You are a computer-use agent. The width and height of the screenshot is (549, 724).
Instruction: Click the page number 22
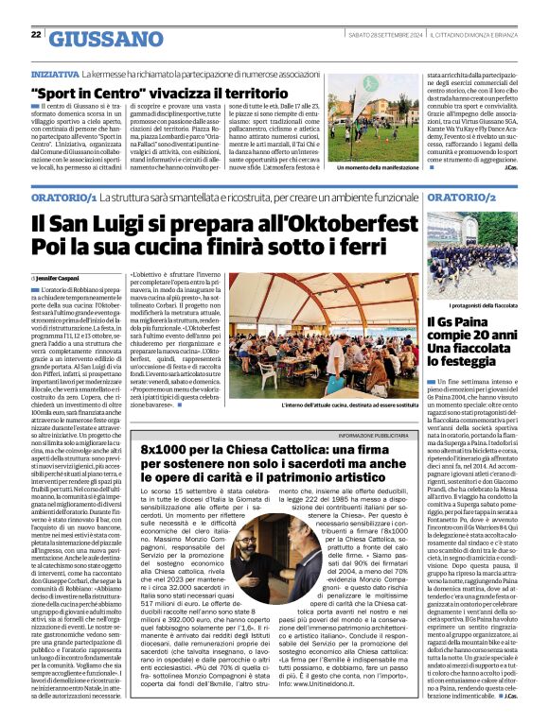(36, 35)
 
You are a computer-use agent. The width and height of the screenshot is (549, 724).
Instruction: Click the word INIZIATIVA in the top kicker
(55, 73)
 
